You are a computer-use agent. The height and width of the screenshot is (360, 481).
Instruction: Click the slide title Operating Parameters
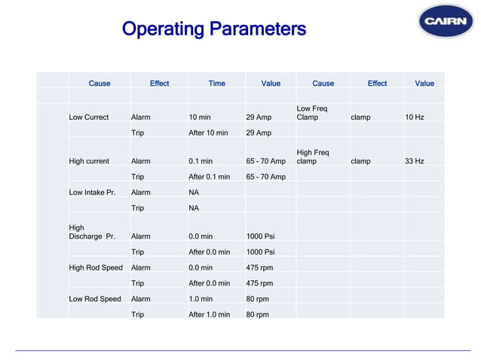point(214,29)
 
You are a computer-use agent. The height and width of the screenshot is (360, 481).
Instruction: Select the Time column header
point(216,84)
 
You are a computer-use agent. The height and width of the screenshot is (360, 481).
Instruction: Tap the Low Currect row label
point(89,117)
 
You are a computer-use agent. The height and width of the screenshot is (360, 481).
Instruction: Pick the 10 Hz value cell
point(415,117)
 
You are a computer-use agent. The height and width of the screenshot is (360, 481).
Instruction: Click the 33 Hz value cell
point(415,161)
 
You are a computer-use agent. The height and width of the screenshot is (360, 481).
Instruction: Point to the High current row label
point(89,161)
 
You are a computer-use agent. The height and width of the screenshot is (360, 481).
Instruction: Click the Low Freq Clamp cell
point(312,113)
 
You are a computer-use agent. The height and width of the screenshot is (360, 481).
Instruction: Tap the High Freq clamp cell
point(313,157)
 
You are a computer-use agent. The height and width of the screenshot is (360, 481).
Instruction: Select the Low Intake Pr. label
point(92,192)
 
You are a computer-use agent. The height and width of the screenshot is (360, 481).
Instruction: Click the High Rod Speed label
point(96,267)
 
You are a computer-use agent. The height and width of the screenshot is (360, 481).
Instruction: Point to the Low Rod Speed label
point(95,299)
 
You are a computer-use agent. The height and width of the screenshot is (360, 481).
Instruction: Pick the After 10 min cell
point(208,133)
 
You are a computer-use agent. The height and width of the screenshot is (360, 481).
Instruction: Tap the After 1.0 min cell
point(209,314)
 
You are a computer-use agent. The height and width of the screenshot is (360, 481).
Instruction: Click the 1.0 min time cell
point(201,299)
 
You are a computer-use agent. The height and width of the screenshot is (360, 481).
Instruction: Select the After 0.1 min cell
point(209,177)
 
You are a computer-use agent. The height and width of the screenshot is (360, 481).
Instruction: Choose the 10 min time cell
point(200,117)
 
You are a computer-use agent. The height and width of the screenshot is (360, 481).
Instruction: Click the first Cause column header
point(100,84)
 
